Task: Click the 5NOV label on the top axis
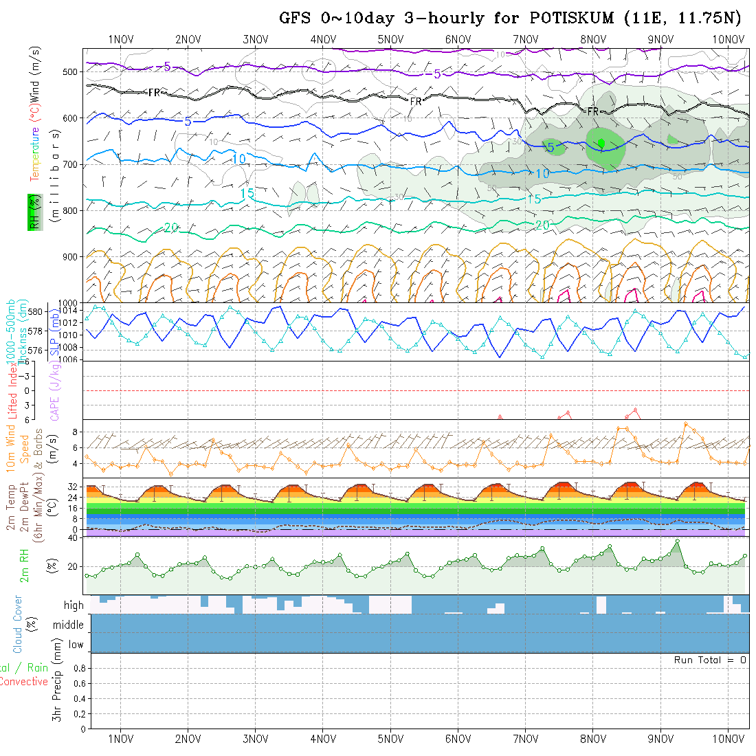pos(390,39)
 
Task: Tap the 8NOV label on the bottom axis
pos(592,739)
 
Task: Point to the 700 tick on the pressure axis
pos(71,164)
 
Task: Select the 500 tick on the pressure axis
pos(71,71)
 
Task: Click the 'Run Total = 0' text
pos(710,660)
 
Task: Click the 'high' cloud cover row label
pos(74,605)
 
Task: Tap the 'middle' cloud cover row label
pos(68,625)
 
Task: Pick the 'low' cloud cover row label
pos(76,645)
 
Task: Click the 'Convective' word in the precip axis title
pos(23,682)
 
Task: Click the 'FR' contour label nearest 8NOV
pos(593,111)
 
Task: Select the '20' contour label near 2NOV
pos(171,227)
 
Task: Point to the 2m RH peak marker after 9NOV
pos(678,542)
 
